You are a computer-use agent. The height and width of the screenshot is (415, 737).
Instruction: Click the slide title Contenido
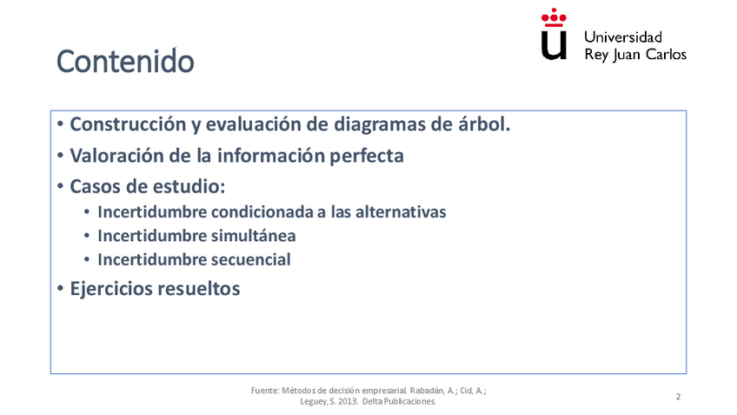pos(125,61)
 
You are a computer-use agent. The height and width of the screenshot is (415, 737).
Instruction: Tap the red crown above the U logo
pos(554,17)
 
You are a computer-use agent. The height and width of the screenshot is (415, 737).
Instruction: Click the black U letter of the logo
pos(554,45)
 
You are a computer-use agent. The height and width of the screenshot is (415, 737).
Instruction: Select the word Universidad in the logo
pos(623,37)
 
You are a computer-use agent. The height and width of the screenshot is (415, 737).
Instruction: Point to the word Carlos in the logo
pos(666,54)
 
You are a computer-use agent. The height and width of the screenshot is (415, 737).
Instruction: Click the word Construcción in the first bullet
pos(128,124)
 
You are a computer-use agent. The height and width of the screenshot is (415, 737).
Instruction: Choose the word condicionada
pos(262,211)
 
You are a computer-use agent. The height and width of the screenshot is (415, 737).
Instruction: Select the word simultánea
pos(253,236)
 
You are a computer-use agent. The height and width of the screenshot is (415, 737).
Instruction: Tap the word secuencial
pos(250,259)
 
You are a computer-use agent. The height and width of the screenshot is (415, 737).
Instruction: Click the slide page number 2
pos(678,397)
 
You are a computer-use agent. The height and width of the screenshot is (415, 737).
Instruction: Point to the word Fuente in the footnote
pos(265,390)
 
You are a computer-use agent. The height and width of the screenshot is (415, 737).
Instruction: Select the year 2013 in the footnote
pos(347,401)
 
